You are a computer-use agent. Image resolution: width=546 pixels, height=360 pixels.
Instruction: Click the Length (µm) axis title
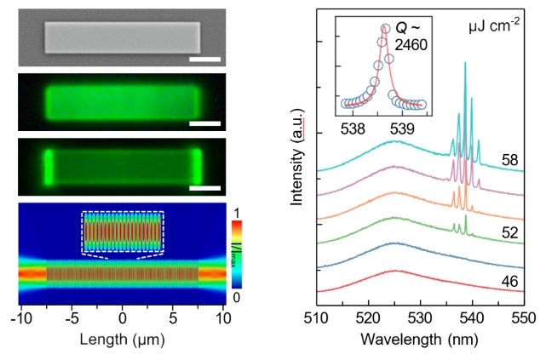tap(121, 340)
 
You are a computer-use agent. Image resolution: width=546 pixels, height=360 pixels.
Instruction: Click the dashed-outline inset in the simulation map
tap(121, 231)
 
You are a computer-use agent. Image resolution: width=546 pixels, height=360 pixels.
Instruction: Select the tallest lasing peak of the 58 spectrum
tap(465, 66)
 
